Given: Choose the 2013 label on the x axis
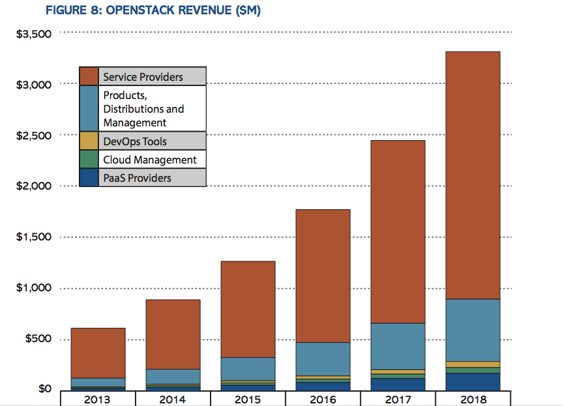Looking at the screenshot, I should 97,399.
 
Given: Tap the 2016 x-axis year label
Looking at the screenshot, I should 323,399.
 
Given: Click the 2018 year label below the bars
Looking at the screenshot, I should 473,399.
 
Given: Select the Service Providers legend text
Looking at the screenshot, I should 143,76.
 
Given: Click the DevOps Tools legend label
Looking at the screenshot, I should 134,141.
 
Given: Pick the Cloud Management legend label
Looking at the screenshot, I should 149,160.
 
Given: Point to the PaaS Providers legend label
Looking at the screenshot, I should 137,177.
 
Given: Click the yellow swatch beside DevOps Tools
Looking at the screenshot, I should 89,141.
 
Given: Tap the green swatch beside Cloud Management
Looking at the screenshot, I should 89,159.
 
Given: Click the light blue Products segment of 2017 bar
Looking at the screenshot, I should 398,346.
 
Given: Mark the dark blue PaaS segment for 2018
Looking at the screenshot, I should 473,381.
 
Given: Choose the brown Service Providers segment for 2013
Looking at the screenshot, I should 97,353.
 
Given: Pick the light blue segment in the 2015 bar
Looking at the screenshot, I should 247,368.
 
